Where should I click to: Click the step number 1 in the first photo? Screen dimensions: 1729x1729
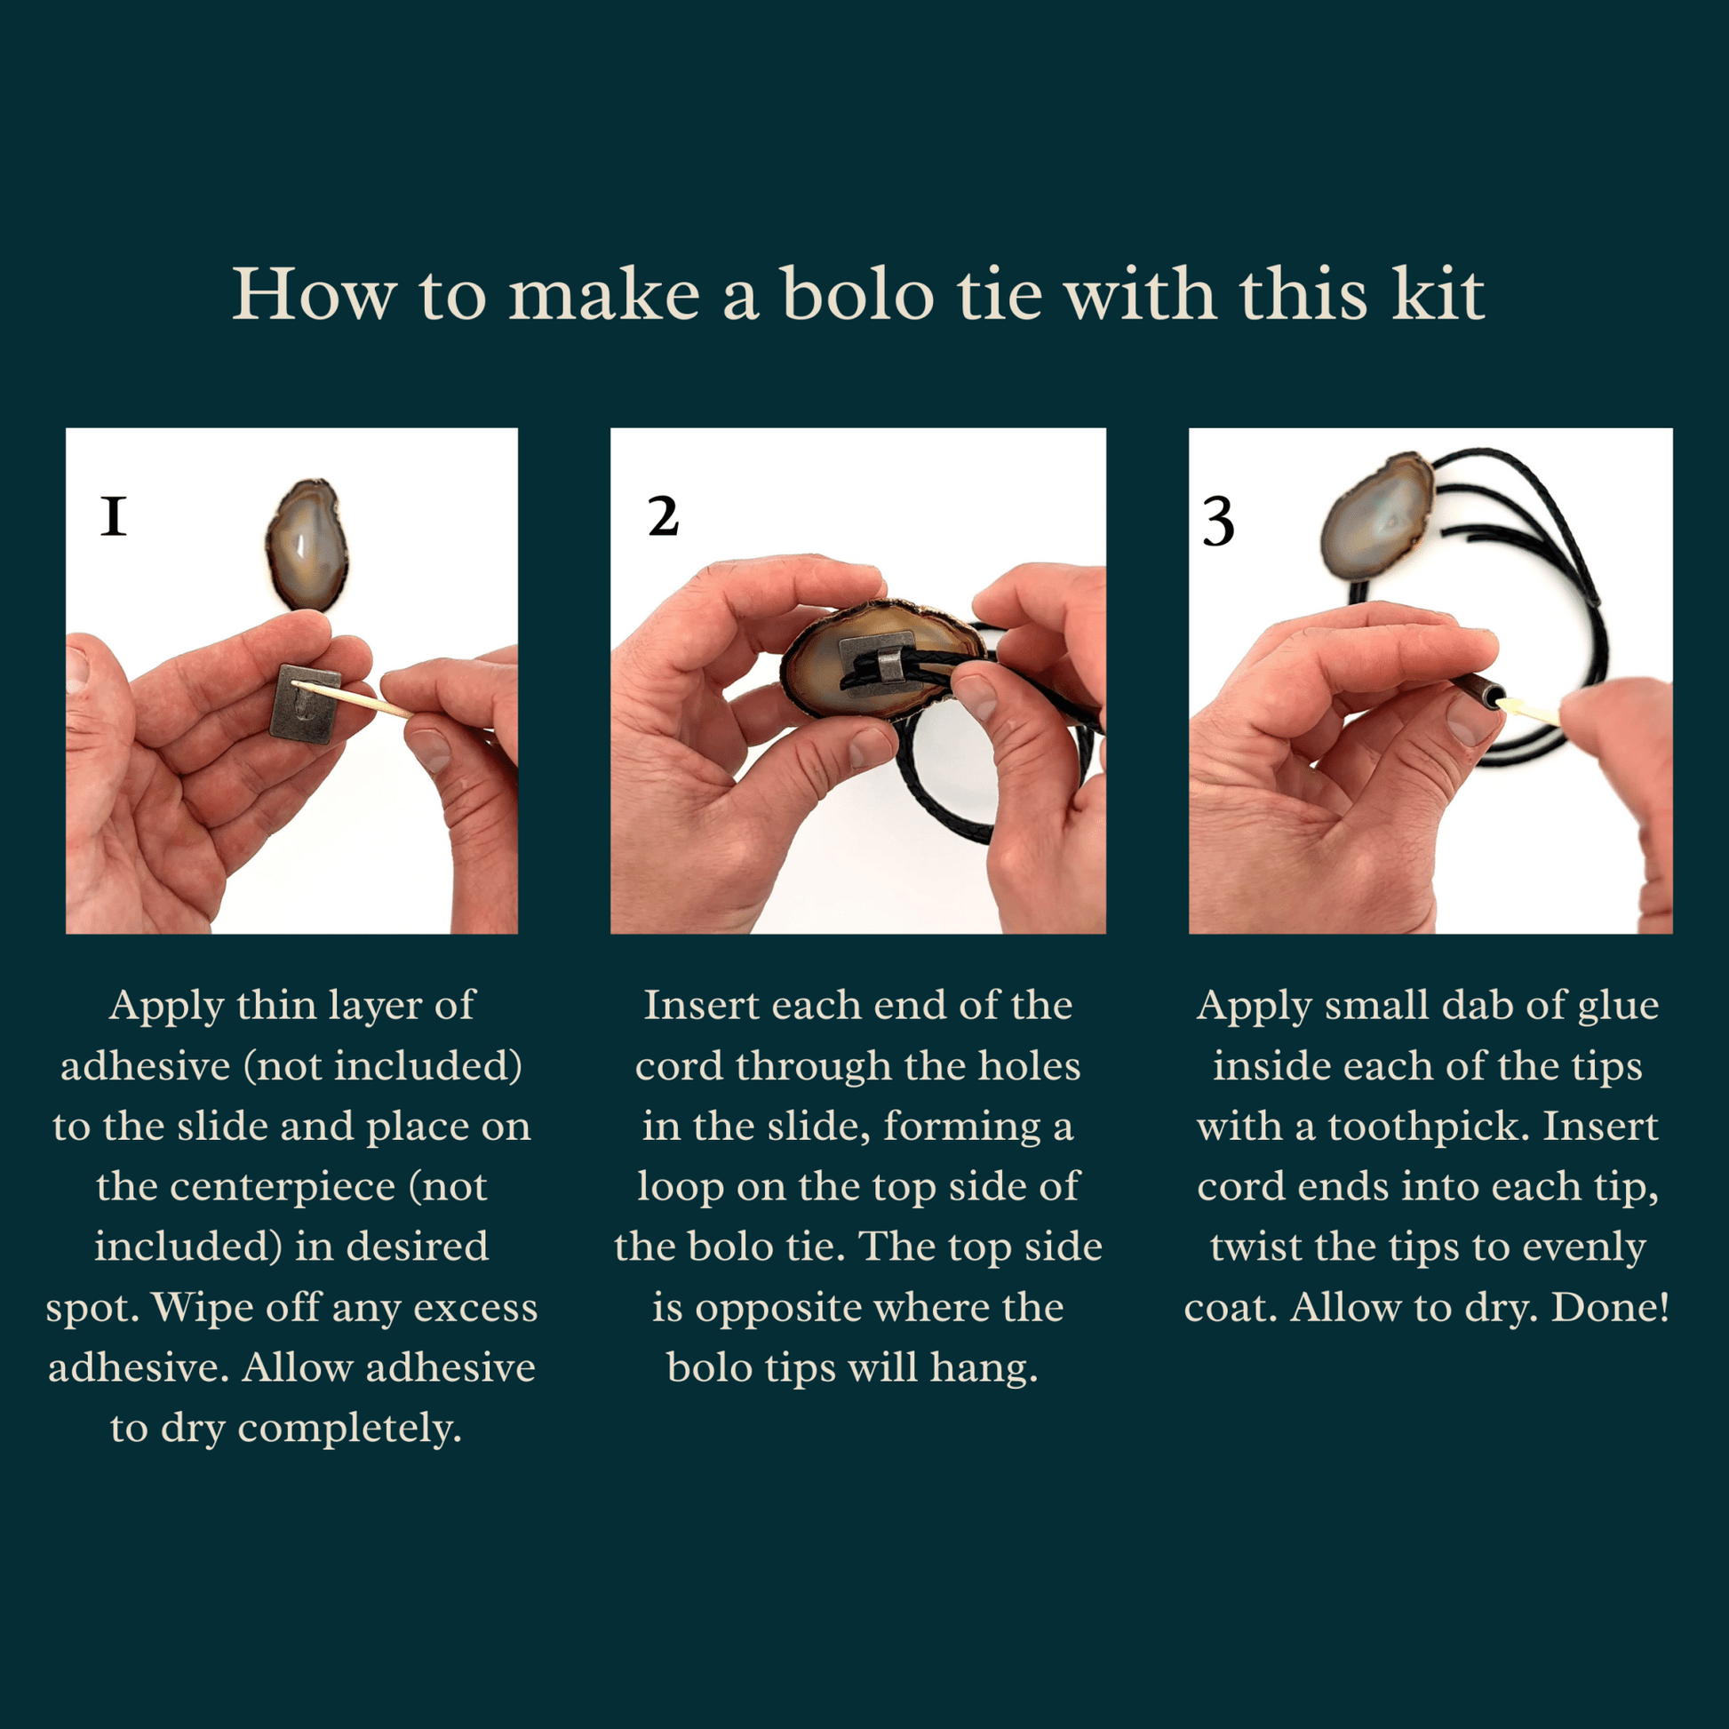point(114,516)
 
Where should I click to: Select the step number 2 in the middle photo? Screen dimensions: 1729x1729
point(663,516)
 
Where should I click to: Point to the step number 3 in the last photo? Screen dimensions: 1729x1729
point(1218,522)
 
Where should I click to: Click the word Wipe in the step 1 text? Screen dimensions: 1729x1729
point(189,1309)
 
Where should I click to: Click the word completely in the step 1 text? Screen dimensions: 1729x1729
point(349,1430)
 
